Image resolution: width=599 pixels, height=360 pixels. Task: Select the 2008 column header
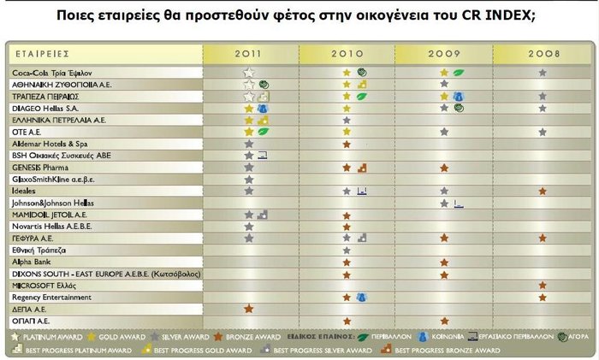(x=542, y=54)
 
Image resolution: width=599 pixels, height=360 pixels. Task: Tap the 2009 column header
(x=444, y=54)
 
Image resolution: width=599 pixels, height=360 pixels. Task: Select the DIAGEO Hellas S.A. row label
(x=46, y=109)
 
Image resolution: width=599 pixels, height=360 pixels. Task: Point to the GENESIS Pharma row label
(x=44, y=168)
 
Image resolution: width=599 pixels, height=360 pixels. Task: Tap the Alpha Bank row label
(x=33, y=261)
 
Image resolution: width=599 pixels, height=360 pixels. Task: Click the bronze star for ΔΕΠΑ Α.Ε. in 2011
(x=249, y=308)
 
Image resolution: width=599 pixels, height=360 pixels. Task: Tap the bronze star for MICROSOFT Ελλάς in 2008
(x=543, y=284)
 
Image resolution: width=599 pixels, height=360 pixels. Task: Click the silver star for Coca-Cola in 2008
(x=543, y=73)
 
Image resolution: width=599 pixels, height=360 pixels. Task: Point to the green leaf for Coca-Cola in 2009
(x=458, y=73)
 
